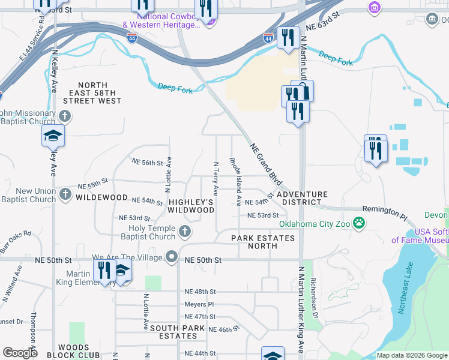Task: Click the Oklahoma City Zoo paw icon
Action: point(359,224)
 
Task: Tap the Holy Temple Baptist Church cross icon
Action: point(185,231)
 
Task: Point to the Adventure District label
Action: point(302,198)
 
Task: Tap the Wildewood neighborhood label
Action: point(101,197)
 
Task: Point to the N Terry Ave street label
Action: point(215,178)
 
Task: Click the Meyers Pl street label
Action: point(199,304)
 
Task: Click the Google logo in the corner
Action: point(20,353)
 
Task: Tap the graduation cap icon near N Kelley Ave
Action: point(53,136)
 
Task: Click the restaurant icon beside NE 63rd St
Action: point(288,38)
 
